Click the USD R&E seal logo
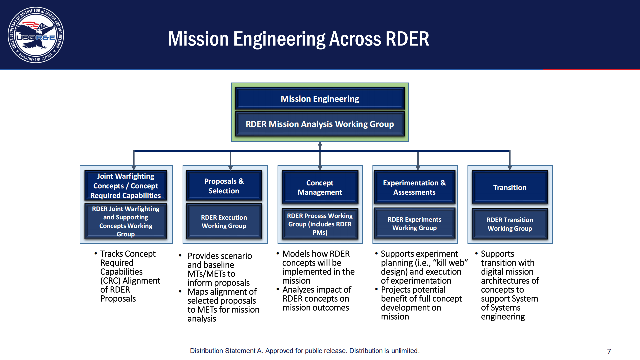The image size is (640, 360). (x=36, y=35)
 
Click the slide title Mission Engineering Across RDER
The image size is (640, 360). (x=298, y=39)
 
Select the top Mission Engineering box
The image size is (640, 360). (x=320, y=99)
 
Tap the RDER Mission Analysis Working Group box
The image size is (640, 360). (x=320, y=124)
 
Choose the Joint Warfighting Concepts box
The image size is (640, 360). (x=126, y=186)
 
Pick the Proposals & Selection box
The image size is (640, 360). (x=224, y=186)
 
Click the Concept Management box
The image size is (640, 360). (x=320, y=187)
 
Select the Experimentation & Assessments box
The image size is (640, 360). (x=414, y=187)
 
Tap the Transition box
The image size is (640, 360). (x=510, y=187)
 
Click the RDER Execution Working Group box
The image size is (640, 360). (x=224, y=222)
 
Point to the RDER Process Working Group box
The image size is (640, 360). (x=320, y=224)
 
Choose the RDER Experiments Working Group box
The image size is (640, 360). (x=414, y=224)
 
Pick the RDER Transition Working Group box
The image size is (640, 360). (x=510, y=224)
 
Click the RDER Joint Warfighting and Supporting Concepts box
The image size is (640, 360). (x=126, y=221)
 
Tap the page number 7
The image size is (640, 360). (x=609, y=351)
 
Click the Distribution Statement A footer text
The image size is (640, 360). (x=305, y=351)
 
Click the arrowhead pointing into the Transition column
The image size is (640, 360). (x=510, y=168)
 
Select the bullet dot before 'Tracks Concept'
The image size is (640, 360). (x=96, y=254)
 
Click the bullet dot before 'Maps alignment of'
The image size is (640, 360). (x=180, y=292)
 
